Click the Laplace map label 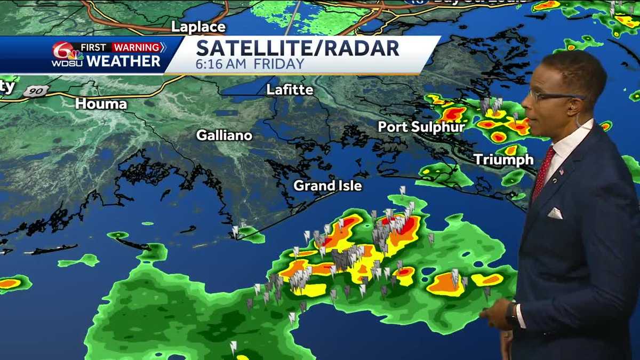point(198,27)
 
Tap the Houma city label point(101,103)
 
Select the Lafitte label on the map point(290,90)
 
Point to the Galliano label point(224,135)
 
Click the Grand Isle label point(328,186)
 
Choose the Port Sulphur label point(421,127)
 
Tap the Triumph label point(503,159)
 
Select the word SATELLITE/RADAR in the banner point(298,48)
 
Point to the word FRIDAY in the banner point(279,64)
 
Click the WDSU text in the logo point(67,62)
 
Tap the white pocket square point(555,213)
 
